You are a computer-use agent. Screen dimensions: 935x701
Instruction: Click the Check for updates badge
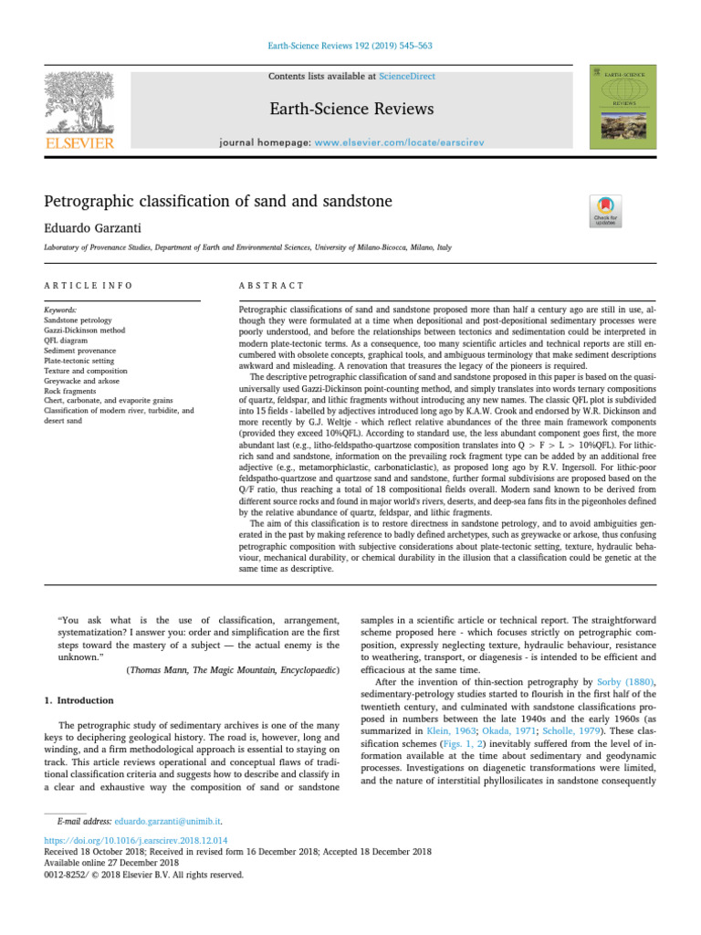(607, 211)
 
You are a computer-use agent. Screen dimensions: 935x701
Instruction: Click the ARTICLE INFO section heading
(89, 286)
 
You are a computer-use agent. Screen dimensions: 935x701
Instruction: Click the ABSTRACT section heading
(271, 286)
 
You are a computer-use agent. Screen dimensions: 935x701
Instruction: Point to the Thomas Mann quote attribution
(232, 669)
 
